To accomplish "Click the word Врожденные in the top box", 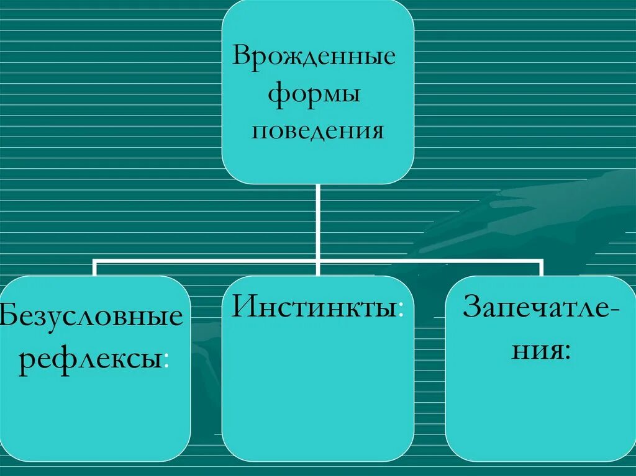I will tap(314, 57).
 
